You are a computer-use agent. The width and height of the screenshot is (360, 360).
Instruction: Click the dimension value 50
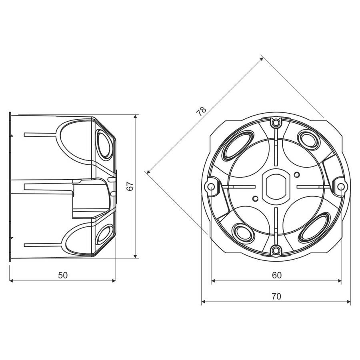tap(63, 275)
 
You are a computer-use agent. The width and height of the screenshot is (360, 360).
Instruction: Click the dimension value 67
tap(130, 186)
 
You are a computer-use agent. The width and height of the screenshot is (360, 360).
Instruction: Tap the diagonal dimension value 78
tap(201, 112)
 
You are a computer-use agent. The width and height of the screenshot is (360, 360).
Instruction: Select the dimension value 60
tap(277, 275)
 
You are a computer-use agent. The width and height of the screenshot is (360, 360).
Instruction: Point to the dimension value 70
tap(276, 296)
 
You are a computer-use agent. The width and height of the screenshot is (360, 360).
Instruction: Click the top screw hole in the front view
tap(276, 123)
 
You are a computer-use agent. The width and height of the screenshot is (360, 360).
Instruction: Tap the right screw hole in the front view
tap(341, 186)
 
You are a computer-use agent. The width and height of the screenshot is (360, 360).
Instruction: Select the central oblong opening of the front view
tap(276, 186)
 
